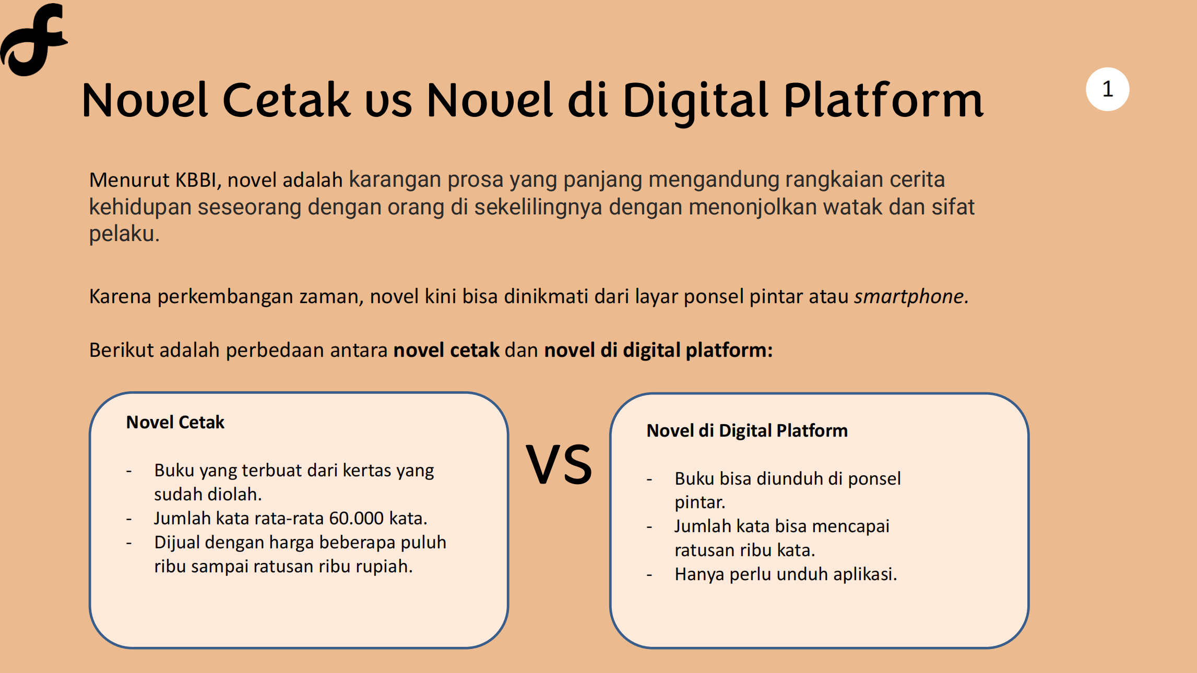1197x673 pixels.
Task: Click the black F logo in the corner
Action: (x=33, y=39)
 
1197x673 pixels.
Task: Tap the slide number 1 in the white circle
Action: (x=1107, y=89)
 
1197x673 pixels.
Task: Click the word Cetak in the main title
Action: (x=287, y=100)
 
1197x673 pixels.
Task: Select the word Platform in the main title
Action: (x=883, y=100)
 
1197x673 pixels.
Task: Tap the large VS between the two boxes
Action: (x=559, y=464)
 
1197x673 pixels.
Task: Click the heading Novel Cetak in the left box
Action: (x=175, y=422)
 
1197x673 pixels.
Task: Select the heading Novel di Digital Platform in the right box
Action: (x=747, y=430)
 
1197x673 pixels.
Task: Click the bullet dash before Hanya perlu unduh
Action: (x=649, y=575)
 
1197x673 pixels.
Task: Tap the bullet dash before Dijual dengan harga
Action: (x=129, y=544)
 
